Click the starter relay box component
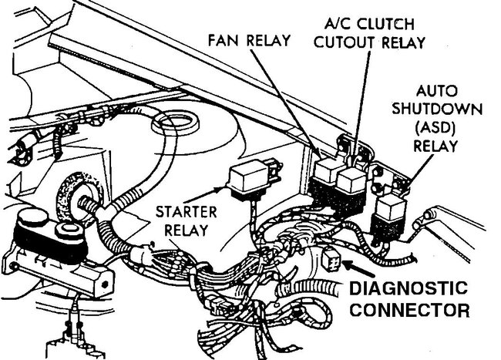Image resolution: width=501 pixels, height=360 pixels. [x=248, y=180]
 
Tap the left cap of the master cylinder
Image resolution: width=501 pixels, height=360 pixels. [x=32, y=219]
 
